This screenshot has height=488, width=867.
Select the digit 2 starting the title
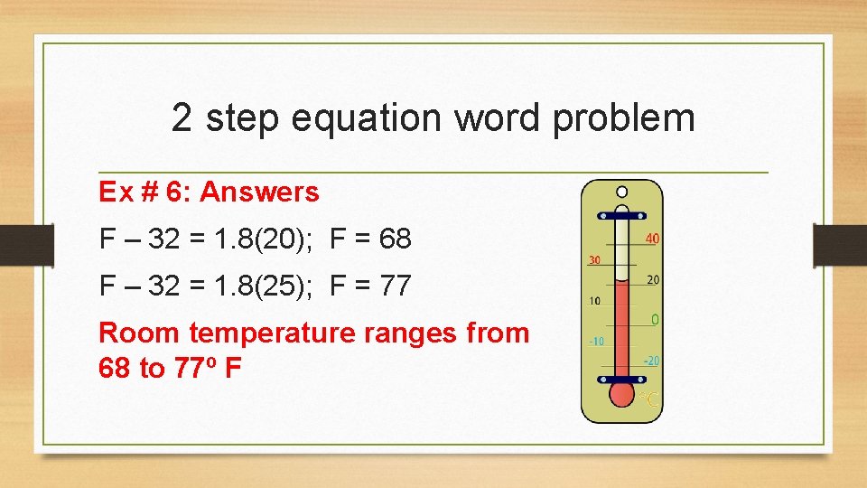tap(182, 118)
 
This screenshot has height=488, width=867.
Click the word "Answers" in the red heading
tap(260, 192)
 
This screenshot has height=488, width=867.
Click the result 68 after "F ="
tap(396, 239)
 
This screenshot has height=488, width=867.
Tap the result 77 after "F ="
tap(396, 286)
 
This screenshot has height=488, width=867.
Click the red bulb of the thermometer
tap(621, 394)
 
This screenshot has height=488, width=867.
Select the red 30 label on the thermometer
tap(595, 259)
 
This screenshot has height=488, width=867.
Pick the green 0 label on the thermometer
tap(655, 320)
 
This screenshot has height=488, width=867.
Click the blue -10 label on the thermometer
tap(596, 341)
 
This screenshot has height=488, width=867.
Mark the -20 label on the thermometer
tap(651, 361)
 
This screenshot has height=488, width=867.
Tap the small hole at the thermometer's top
tap(621, 192)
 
